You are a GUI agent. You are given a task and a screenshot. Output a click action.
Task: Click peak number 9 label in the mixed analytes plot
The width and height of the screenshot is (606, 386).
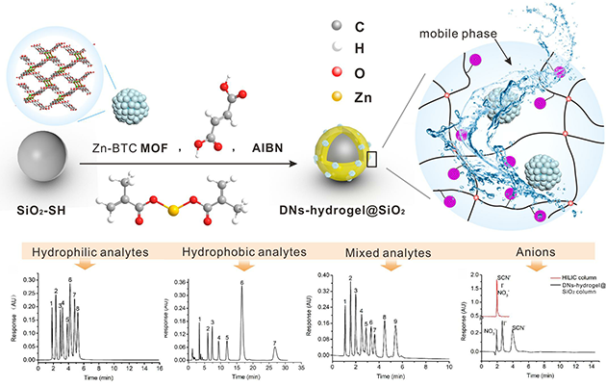422,321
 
